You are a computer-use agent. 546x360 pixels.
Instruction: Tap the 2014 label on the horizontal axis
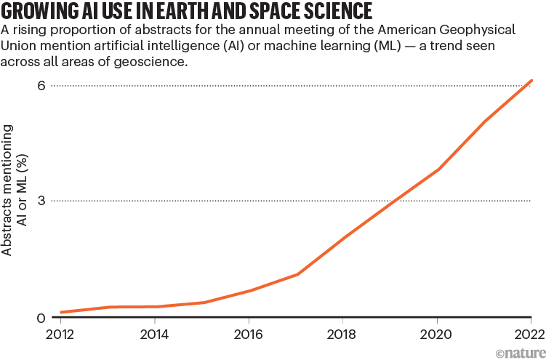tap(155, 336)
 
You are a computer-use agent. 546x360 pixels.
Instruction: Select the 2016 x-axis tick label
tap(249, 336)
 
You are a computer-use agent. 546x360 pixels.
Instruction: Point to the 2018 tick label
tap(342, 336)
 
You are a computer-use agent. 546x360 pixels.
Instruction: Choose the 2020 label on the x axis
tap(436, 336)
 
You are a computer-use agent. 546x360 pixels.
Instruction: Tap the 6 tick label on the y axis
tap(41, 86)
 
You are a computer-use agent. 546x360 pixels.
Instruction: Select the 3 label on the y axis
tap(41, 200)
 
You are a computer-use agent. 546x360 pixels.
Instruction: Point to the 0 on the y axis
tap(41, 318)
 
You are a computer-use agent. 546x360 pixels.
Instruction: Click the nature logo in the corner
tap(520, 352)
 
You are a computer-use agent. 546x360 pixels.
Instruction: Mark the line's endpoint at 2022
tap(531, 81)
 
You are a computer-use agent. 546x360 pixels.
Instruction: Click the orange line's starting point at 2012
tap(61, 313)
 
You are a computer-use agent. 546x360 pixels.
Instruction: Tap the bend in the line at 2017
tap(297, 274)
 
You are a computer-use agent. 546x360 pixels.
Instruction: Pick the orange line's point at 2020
tap(438, 169)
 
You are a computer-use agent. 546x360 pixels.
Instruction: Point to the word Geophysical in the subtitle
tap(489, 31)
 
